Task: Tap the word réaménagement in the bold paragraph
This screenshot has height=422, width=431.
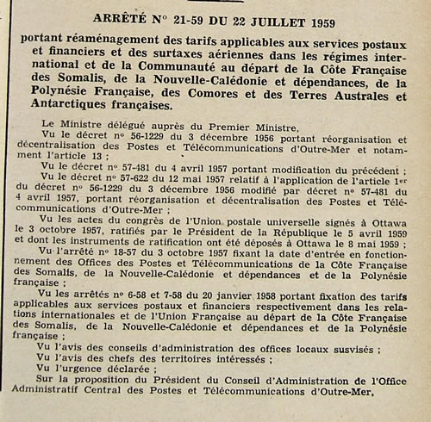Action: (x=111, y=40)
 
